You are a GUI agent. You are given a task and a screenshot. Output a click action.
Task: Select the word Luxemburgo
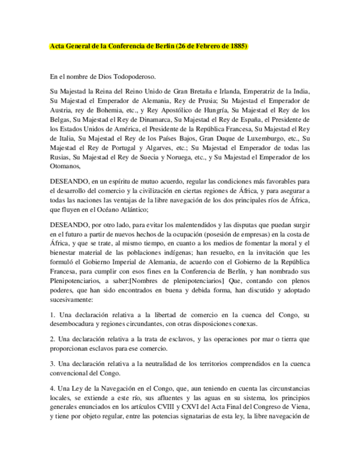tap(259, 139)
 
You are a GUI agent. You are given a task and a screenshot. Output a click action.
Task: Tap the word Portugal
tap(120, 148)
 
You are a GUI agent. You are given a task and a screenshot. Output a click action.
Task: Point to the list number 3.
tap(52, 364)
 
